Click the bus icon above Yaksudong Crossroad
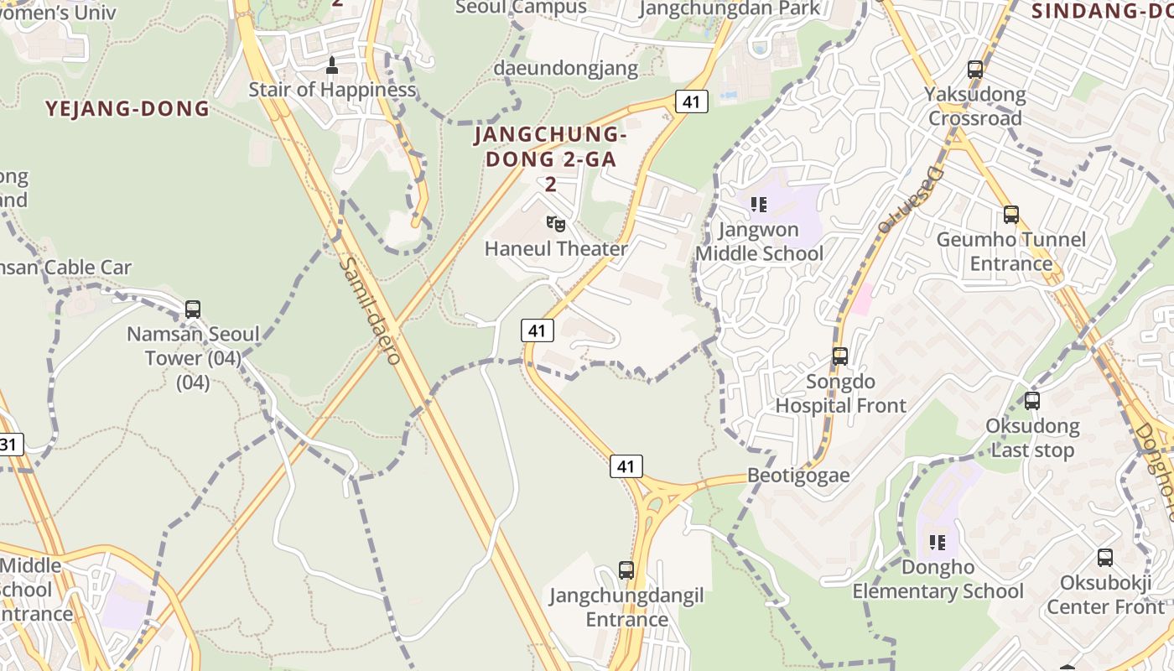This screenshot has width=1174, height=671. point(975,70)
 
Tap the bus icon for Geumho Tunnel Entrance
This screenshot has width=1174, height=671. point(1011,215)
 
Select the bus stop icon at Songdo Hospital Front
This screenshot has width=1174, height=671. point(840,356)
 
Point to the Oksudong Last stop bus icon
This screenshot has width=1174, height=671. point(1032,401)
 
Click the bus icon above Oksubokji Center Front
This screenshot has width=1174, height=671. point(1105,558)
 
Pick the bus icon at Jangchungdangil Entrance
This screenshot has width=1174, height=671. point(626,570)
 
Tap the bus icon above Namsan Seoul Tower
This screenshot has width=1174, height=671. point(193,309)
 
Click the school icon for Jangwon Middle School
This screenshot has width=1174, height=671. point(759,205)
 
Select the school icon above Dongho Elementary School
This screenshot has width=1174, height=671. point(938,543)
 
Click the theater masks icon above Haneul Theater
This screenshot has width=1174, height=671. point(555,224)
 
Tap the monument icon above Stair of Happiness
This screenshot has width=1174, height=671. point(332,65)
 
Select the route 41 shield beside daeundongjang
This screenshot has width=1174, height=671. point(691,101)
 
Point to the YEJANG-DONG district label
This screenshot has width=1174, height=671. point(127,109)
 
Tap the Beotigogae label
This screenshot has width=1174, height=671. point(798,476)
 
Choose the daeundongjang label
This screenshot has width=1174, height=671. point(566,69)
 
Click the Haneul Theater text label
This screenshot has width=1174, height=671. point(556,249)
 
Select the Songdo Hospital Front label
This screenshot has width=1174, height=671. point(840,393)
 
